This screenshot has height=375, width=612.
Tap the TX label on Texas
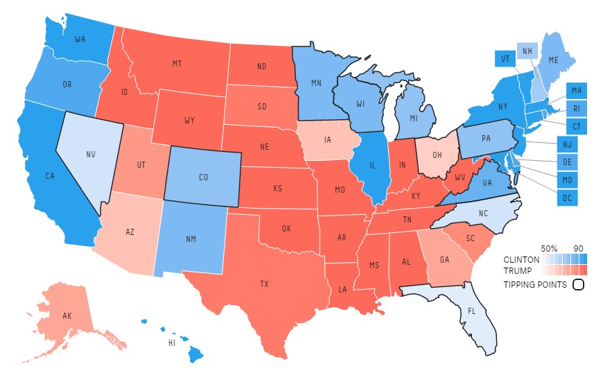264,284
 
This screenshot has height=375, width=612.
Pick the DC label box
566,197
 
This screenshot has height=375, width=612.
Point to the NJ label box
566,144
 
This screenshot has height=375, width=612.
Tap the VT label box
505,60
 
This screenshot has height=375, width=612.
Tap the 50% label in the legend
549,248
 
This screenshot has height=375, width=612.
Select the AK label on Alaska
67,315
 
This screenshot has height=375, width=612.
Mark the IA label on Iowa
328,139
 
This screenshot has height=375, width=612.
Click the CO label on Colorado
203,177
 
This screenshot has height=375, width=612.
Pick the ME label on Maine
553,60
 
